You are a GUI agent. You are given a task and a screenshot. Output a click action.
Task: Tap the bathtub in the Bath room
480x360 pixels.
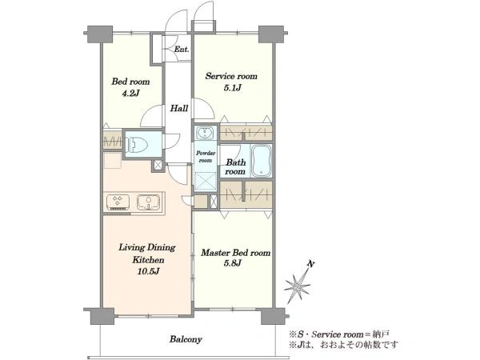[x=261, y=161]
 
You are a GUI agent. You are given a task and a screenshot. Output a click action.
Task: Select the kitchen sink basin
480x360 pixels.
[x=149, y=202]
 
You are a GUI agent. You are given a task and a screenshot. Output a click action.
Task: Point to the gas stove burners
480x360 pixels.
[x=118, y=202]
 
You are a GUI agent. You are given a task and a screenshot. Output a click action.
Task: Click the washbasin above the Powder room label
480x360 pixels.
[x=203, y=133]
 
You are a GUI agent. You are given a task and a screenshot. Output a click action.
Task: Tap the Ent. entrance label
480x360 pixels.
[x=182, y=49]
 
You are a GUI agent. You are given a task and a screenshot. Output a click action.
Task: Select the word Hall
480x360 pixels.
[x=179, y=108]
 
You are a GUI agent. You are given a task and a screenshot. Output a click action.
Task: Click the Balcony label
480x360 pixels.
[x=186, y=339]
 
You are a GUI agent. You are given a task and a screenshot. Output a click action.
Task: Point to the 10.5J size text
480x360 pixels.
[x=148, y=271]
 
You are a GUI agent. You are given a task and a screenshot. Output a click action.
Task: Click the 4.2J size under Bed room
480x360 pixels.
[x=130, y=94]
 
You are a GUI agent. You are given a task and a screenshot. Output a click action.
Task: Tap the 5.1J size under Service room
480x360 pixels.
[x=232, y=88]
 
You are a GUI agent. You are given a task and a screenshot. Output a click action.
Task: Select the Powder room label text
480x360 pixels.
[x=206, y=157]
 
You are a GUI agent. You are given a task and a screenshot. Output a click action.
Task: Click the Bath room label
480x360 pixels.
[x=235, y=167]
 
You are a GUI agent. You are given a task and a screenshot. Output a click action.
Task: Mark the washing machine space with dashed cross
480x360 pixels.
[x=206, y=182]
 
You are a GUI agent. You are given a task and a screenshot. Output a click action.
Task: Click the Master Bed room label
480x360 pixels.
[x=236, y=253]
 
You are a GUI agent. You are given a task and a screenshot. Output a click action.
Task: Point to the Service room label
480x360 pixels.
[x=231, y=76]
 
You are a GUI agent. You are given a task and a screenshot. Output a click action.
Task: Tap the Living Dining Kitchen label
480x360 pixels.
[x=147, y=254]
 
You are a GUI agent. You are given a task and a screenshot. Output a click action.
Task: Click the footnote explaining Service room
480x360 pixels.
[x=340, y=334]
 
